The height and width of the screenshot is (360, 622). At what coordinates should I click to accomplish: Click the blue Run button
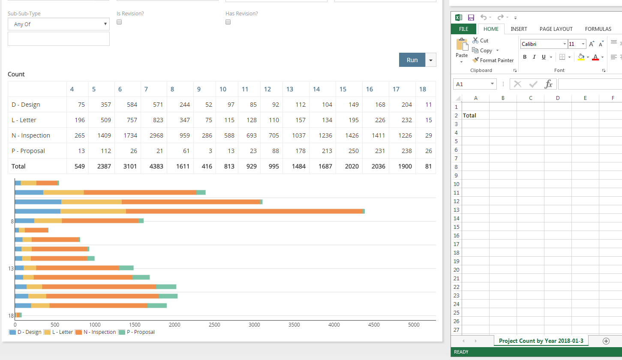(412, 60)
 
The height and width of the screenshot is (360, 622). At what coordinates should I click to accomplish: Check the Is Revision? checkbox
(119, 22)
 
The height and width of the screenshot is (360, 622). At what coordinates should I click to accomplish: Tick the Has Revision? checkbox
(228, 22)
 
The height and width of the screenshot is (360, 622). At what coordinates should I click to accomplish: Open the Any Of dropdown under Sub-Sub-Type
(58, 24)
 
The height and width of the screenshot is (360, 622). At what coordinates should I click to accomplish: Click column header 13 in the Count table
(290, 89)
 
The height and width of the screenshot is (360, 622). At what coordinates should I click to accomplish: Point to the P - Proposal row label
(28, 151)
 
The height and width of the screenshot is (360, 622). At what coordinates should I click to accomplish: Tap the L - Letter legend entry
(59, 332)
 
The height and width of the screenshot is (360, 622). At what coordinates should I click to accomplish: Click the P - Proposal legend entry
(137, 332)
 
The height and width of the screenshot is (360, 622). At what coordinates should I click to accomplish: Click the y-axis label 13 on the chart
(11, 269)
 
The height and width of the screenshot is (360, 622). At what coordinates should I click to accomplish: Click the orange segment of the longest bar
(244, 211)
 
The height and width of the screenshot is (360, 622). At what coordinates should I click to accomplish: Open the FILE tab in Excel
(463, 29)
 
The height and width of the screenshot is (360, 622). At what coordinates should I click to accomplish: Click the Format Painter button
(493, 60)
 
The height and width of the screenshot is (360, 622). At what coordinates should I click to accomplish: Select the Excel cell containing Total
(475, 115)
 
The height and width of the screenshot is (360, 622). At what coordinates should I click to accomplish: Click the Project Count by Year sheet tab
(541, 341)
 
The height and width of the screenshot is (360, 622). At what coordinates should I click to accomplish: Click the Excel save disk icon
(471, 18)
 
